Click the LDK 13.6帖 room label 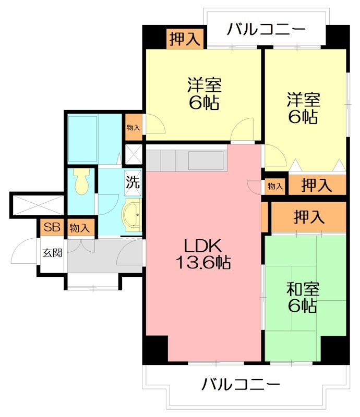coord(203,254)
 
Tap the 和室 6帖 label coord(302,297)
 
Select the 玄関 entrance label coord(52,253)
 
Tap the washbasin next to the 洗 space coord(132,215)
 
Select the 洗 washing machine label coord(133,183)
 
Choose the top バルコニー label coord(266,29)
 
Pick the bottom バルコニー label coord(241,385)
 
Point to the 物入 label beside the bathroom coord(134,128)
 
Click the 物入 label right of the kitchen coord(275,186)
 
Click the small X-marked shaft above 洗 coord(134,154)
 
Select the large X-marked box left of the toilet coord(37,204)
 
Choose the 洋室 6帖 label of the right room coord(303,108)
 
